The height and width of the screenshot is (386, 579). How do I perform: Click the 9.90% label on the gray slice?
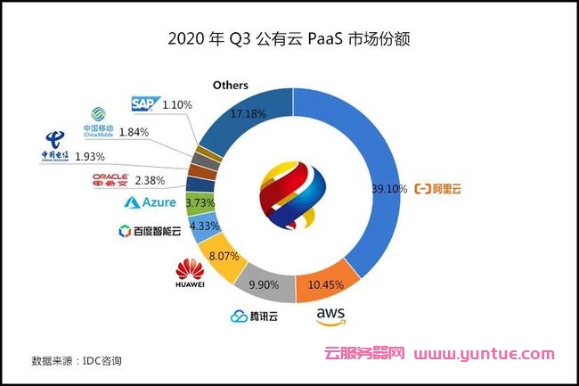[x=263, y=284]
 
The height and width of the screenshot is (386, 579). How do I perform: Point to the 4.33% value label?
[x=203, y=226]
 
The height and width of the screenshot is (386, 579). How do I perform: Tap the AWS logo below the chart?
[x=331, y=318]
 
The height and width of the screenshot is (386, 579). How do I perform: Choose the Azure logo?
[x=151, y=203]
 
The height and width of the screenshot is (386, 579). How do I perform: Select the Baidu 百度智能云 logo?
[x=149, y=232]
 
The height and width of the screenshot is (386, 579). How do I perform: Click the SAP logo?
[x=143, y=104]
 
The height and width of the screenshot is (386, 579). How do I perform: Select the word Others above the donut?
[x=230, y=85]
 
